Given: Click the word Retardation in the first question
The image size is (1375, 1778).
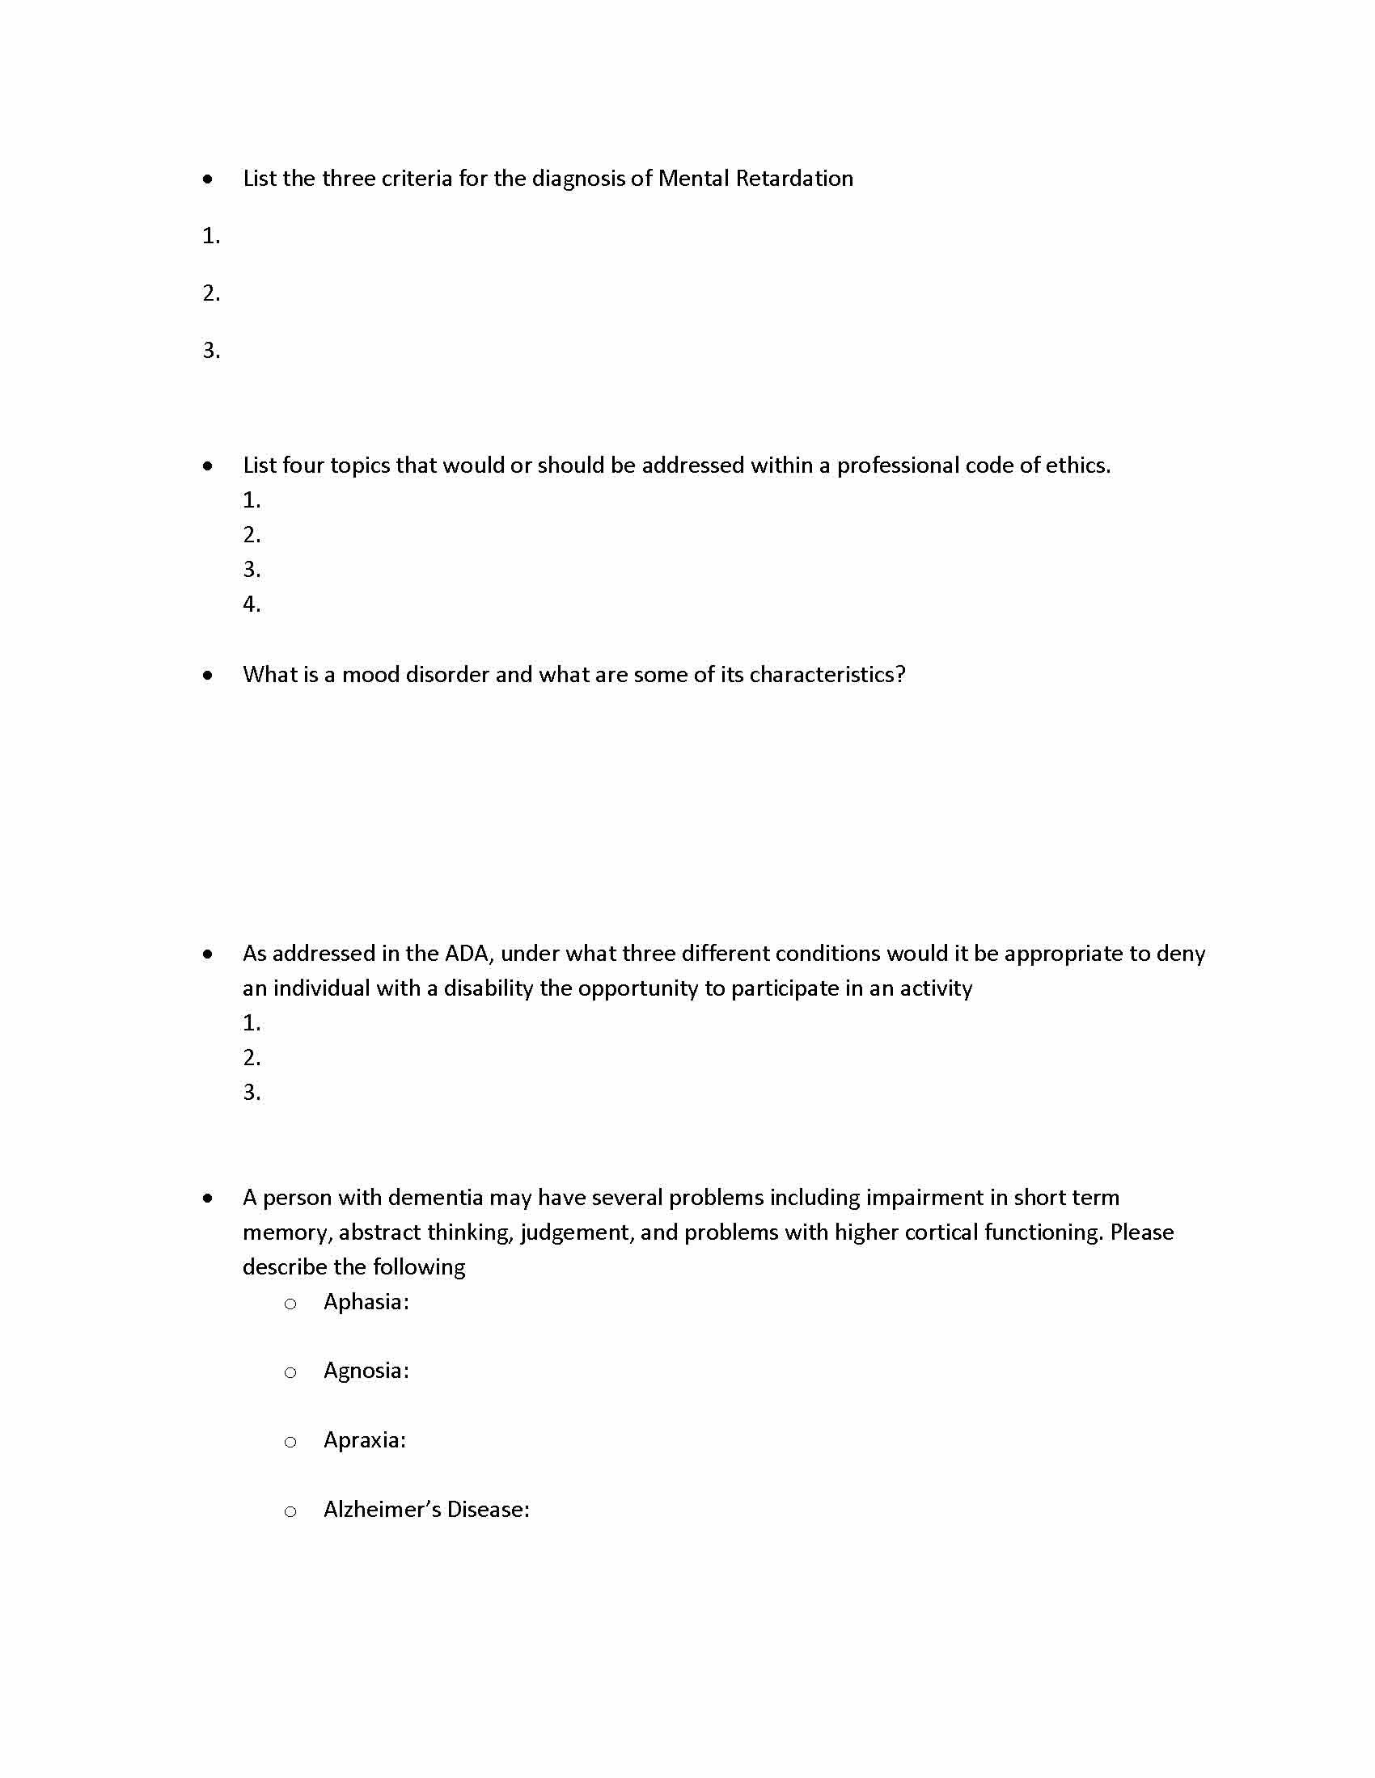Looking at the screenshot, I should click(x=794, y=179).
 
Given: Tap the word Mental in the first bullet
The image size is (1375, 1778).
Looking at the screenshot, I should click(x=693, y=179).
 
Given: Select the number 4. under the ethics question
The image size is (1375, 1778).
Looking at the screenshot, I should click(x=252, y=604).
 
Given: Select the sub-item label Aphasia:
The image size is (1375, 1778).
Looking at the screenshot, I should click(x=366, y=1302).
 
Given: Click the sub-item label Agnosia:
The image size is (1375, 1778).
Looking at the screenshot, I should click(x=366, y=1371).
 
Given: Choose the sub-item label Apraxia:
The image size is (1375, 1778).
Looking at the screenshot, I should click(x=364, y=1440).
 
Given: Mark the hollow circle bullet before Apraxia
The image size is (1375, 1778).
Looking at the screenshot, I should click(x=290, y=1443).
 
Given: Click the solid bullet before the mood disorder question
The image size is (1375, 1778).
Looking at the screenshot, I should click(x=209, y=675).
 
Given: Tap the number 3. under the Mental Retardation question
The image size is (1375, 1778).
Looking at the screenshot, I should click(x=211, y=350).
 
